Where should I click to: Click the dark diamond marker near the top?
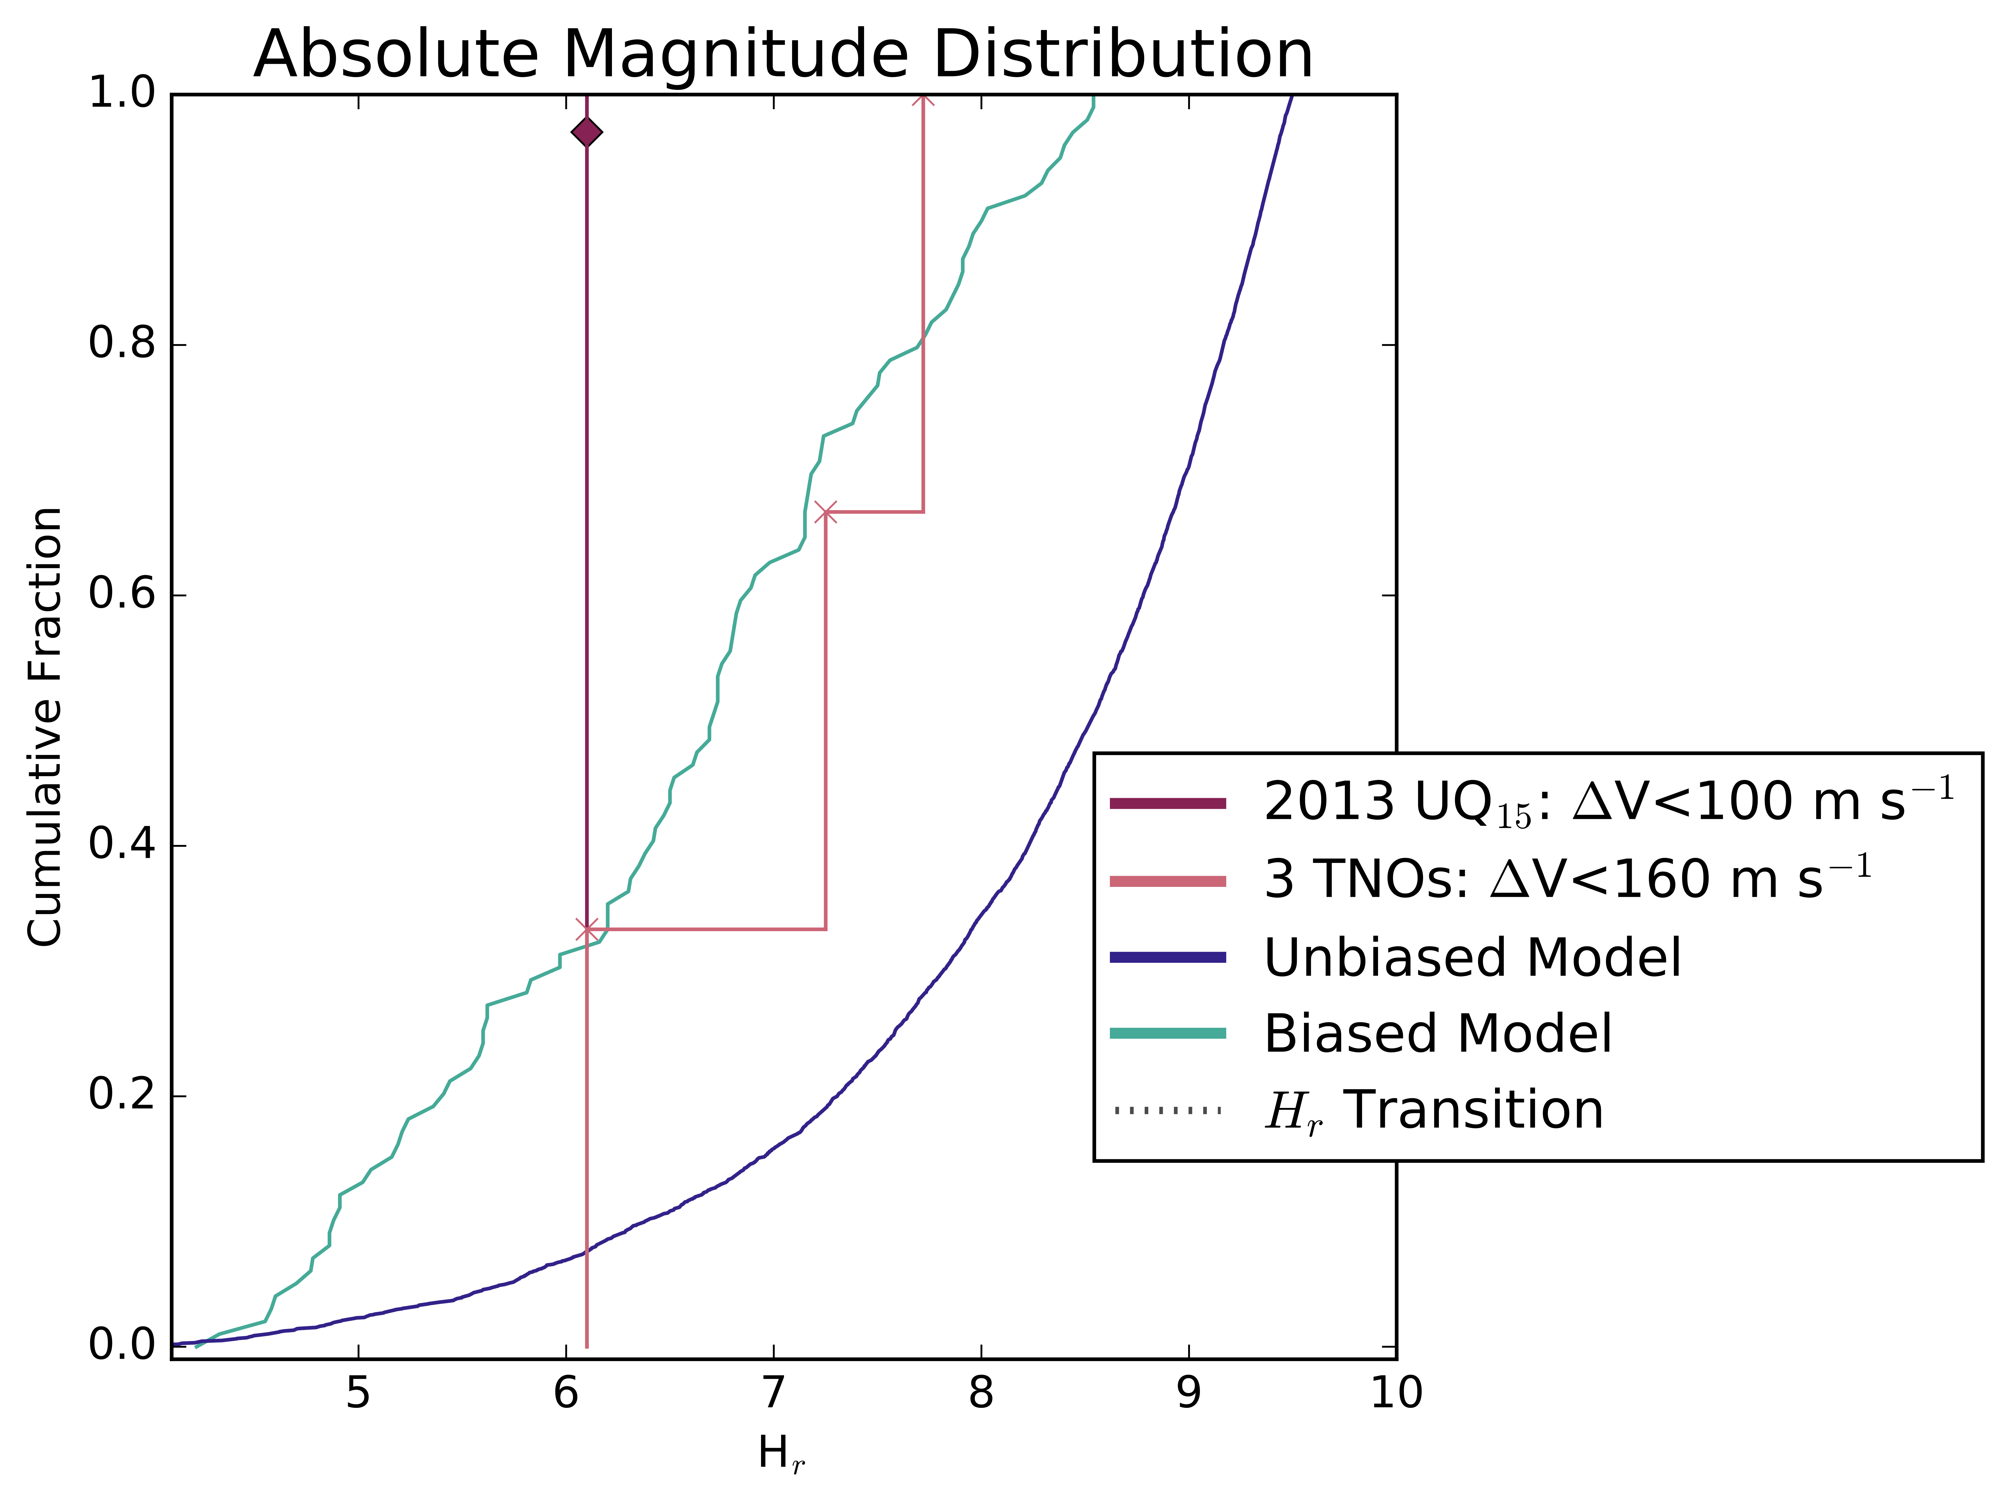point(587,133)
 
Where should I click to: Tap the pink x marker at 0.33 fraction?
point(587,929)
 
